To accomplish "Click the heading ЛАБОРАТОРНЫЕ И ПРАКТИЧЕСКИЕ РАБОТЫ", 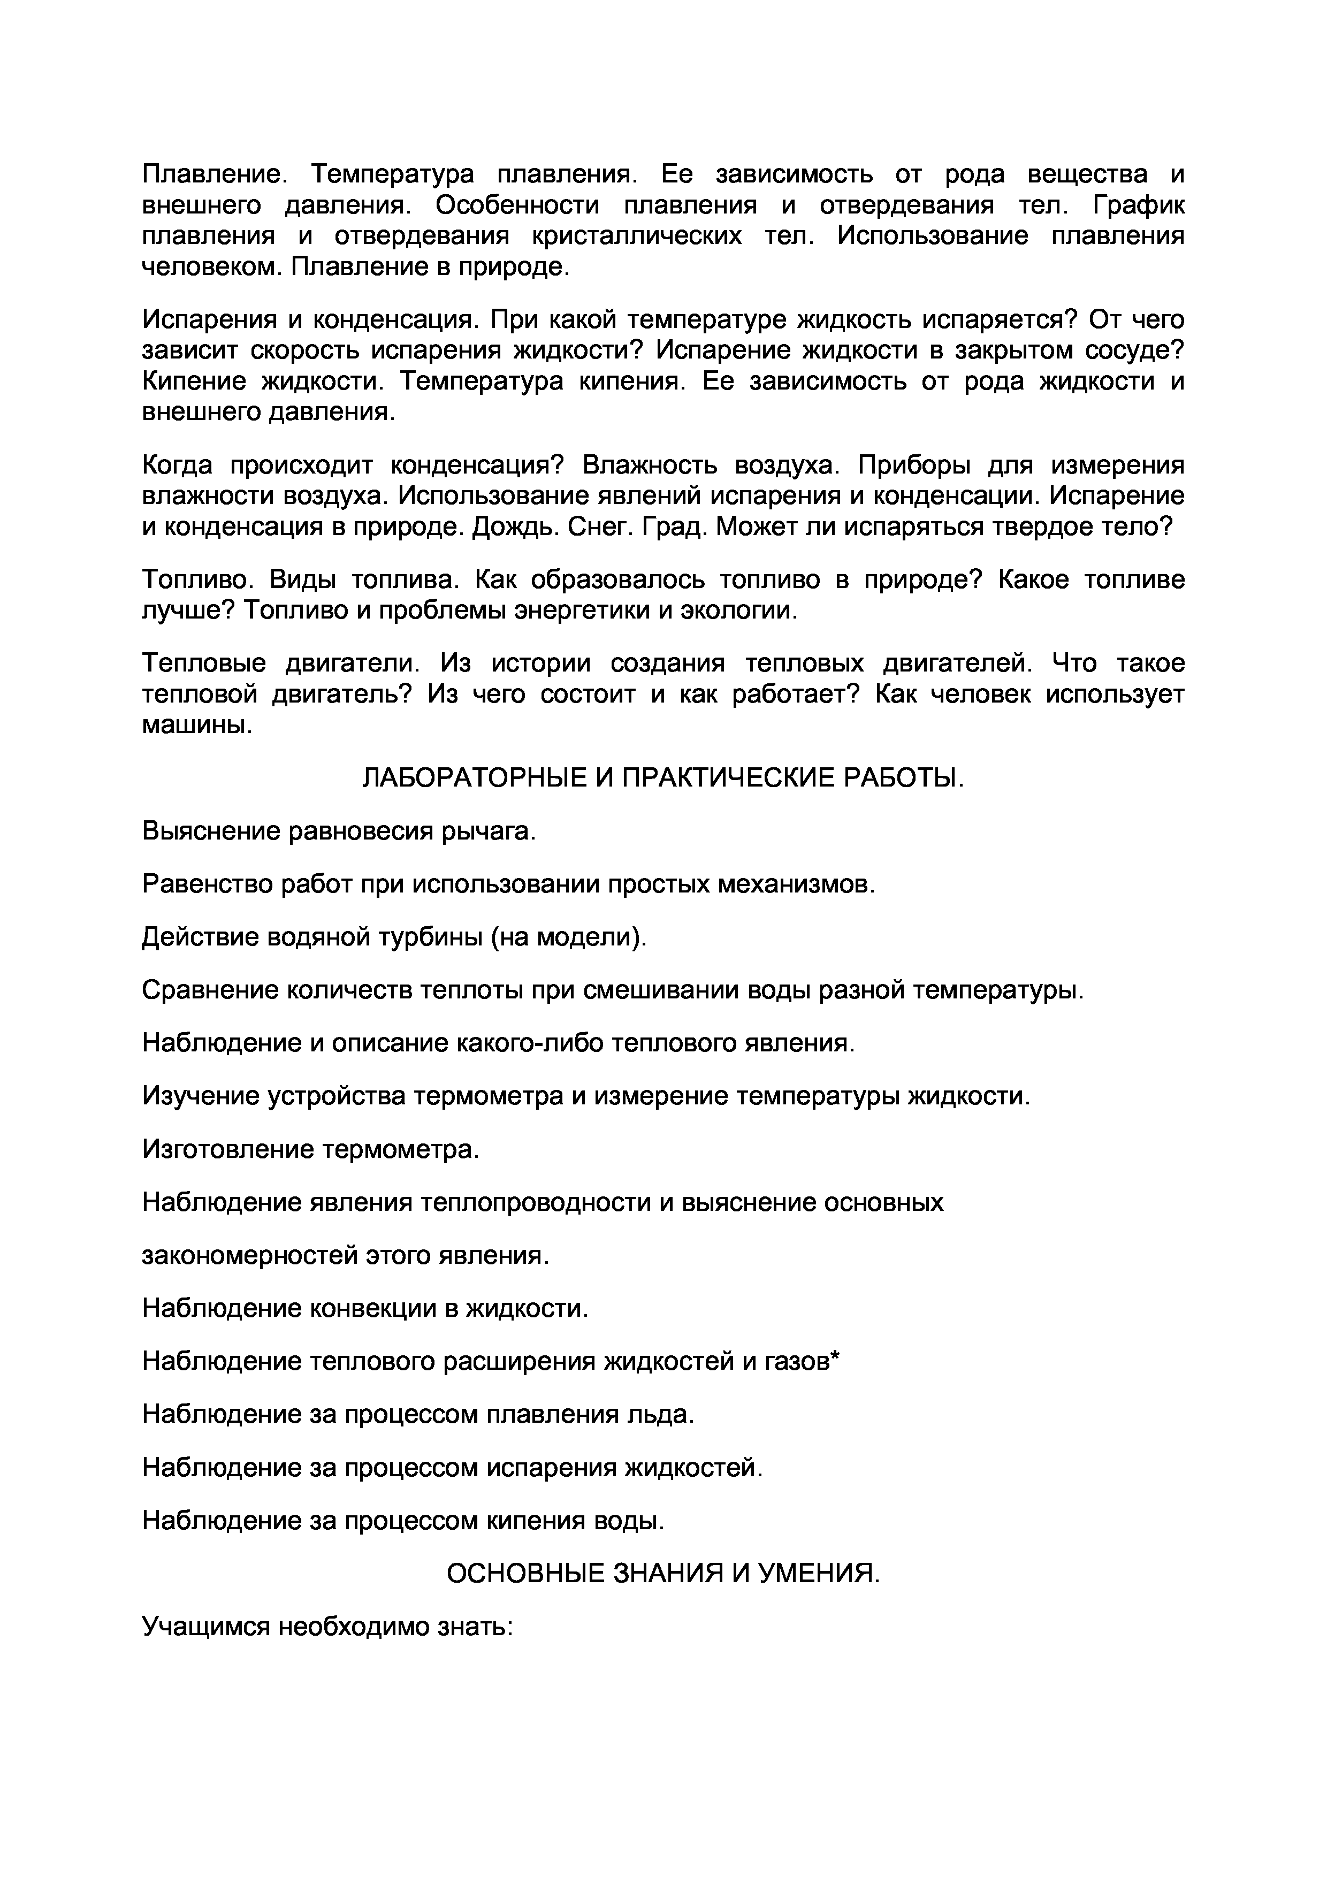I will (663, 779).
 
